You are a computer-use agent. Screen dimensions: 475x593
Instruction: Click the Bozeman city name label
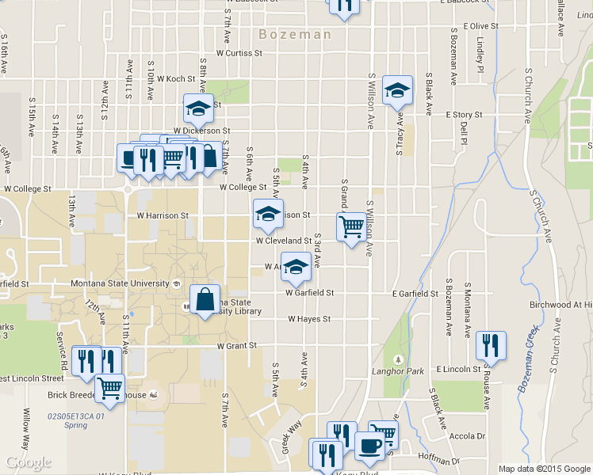coord(295,34)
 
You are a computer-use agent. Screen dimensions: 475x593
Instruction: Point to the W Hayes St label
coord(308,319)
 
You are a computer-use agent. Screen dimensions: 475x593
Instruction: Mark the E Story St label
coord(464,115)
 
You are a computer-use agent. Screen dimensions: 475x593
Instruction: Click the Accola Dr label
coord(467,436)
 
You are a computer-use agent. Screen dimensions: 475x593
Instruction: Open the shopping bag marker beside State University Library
coord(205,299)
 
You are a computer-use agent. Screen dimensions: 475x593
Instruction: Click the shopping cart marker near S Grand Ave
coord(351,226)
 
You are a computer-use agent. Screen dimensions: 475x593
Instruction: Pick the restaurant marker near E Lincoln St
coord(491,344)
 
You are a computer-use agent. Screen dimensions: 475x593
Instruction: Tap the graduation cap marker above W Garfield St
coord(296,267)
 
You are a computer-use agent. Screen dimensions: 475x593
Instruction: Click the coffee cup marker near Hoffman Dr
coord(369,446)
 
